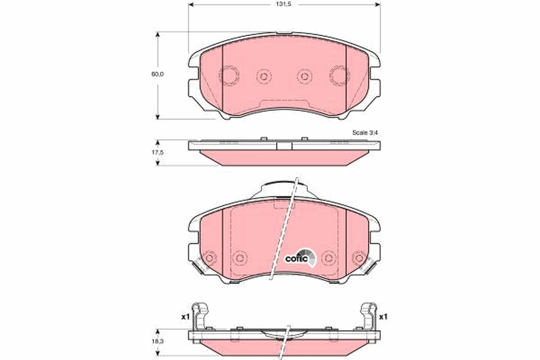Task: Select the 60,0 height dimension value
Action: [157, 75]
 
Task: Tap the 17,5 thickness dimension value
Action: [157, 153]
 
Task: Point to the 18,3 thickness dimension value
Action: [157, 342]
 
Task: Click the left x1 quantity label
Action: [184, 317]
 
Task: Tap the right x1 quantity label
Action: [383, 317]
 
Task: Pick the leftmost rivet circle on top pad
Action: [229, 75]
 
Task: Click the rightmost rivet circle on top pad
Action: [339, 75]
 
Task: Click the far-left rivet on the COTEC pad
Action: [209, 258]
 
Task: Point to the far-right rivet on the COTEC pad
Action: [359, 258]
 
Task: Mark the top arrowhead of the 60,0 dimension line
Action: [157, 35]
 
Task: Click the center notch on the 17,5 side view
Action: [284, 145]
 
